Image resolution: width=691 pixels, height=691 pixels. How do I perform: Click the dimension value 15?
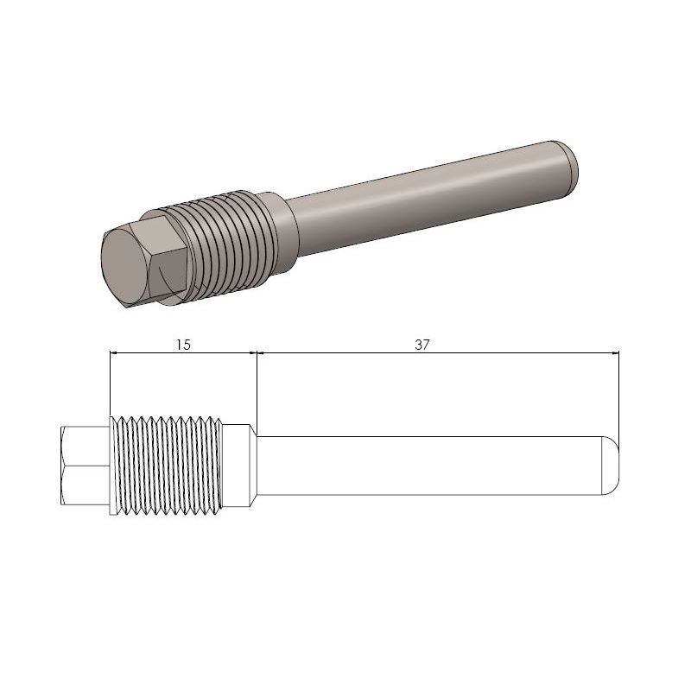click(182, 344)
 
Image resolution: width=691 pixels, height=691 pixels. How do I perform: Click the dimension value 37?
click(422, 344)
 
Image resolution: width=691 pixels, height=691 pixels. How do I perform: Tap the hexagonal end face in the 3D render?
click(127, 267)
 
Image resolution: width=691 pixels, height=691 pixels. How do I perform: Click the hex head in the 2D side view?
click(85, 466)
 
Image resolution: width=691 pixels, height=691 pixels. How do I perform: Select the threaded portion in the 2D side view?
click(168, 466)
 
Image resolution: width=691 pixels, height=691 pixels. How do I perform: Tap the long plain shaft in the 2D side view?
click(432, 466)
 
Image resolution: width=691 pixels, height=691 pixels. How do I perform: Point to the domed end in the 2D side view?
click(612, 466)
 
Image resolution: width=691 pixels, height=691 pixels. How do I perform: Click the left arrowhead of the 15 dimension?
click(116, 352)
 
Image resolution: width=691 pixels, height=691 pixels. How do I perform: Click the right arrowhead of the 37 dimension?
click(614, 352)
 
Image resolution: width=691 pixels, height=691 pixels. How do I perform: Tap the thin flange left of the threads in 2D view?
click(112, 466)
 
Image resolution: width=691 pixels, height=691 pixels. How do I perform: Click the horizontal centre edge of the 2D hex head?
click(85, 466)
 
